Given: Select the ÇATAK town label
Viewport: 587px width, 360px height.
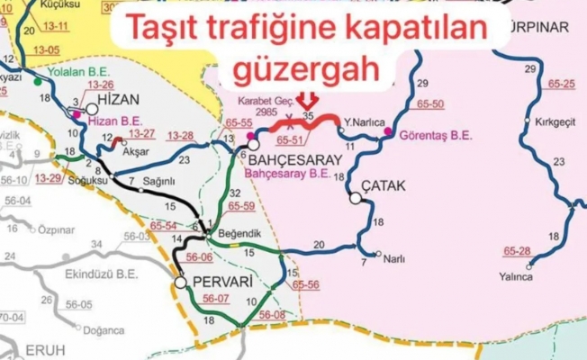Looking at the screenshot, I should [x=384, y=186].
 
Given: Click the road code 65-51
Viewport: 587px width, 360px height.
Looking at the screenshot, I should [x=290, y=140].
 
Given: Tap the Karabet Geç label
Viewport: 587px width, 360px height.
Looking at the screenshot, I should [x=259, y=102].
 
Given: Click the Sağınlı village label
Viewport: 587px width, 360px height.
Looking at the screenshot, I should [x=158, y=181].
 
